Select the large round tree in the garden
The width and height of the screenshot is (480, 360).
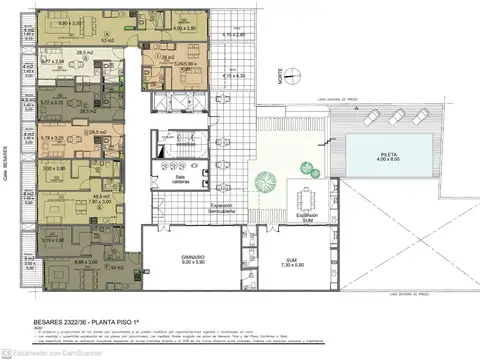265,182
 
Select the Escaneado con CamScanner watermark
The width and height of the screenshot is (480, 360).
44,352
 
